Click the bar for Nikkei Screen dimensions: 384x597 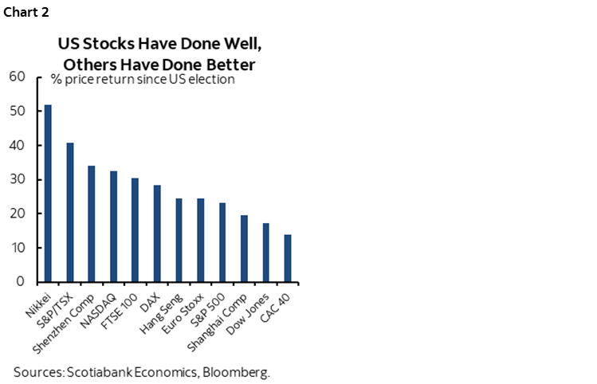click(x=48, y=193)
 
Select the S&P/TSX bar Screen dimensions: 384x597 click(x=70, y=212)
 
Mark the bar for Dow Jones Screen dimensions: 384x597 click(x=265, y=252)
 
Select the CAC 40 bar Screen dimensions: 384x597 click(x=288, y=257)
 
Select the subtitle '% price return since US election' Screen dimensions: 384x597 click(x=143, y=80)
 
